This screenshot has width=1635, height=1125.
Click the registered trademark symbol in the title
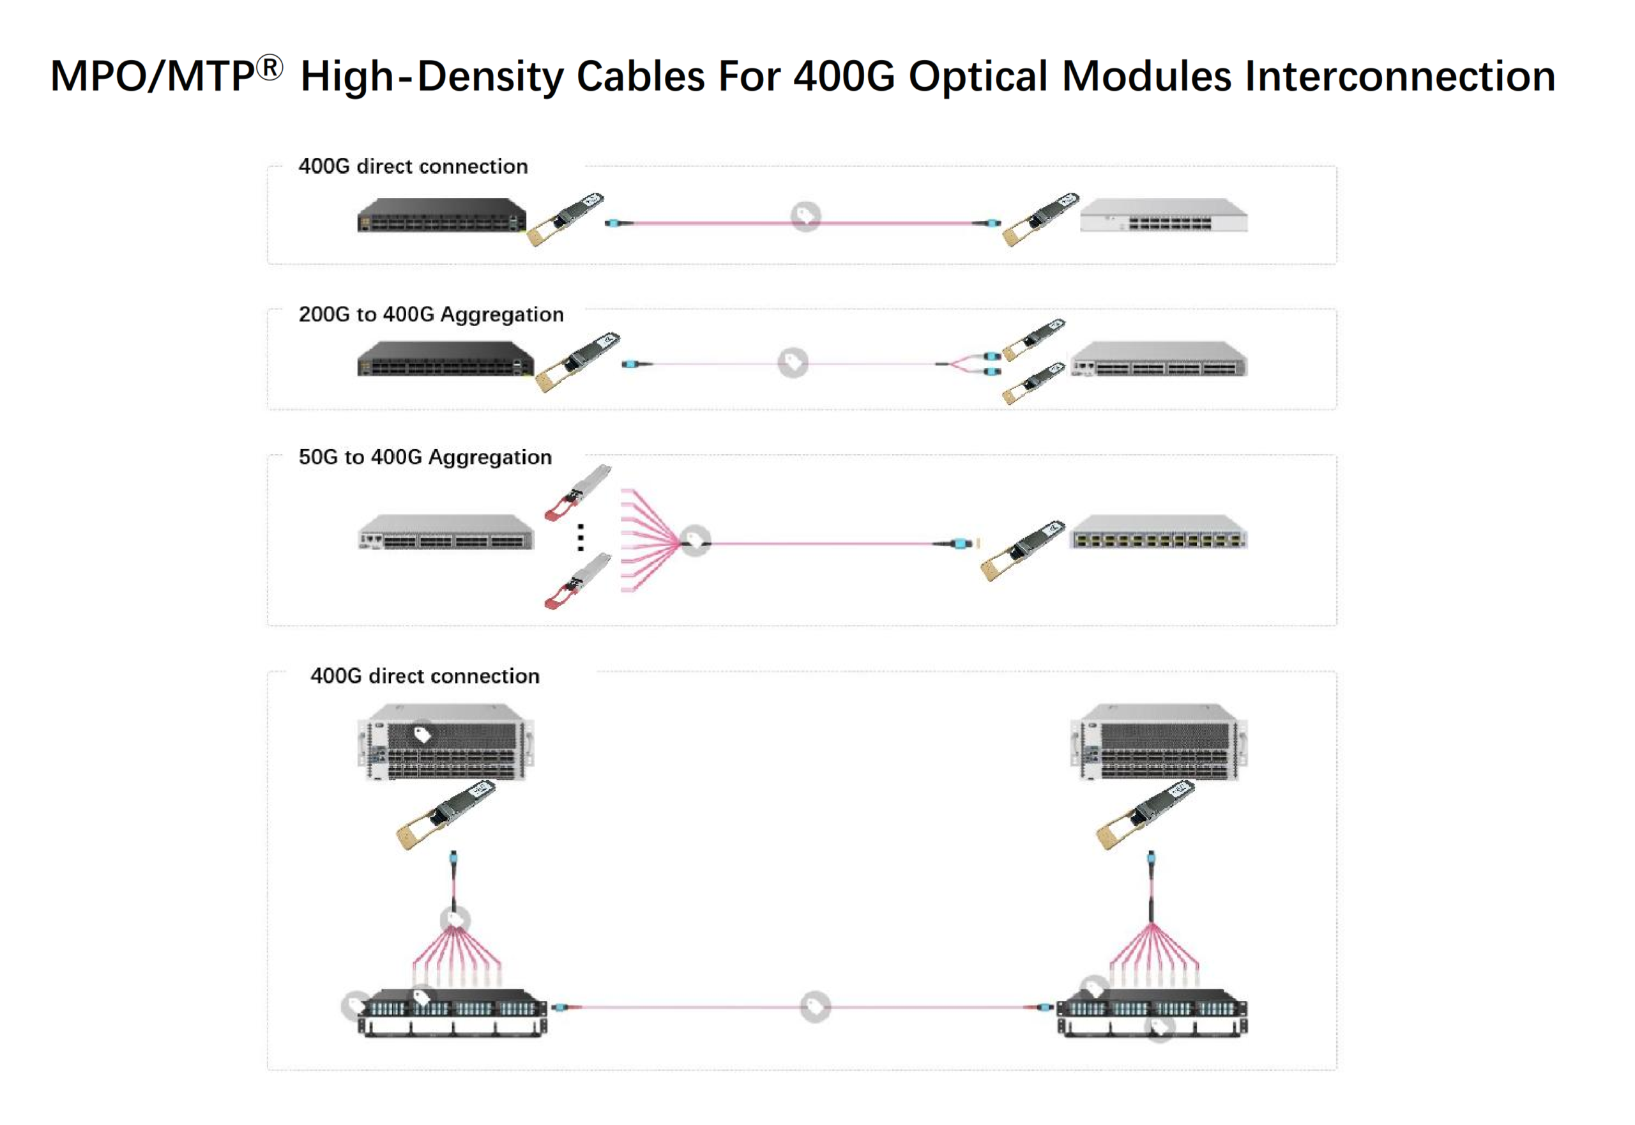pos(270,68)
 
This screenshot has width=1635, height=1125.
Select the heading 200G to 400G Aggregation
pos(430,314)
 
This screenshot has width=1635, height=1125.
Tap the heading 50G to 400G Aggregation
pos(425,457)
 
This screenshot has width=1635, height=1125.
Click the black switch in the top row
pos(441,216)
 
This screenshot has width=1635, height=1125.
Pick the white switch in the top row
pos(1164,216)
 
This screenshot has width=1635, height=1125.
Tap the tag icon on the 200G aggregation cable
pos(793,362)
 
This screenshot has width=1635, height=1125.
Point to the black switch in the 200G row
pos(445,359)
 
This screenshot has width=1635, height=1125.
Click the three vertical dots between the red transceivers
pos(581,537)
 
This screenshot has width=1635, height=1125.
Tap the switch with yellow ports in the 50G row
pos(1159,532)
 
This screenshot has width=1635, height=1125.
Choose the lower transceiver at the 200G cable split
pos(1034,383)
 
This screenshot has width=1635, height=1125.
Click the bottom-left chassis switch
pos(445,742)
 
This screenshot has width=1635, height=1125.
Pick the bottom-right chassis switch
pos(1159,742)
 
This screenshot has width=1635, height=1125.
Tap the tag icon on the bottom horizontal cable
pos(816,1006)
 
